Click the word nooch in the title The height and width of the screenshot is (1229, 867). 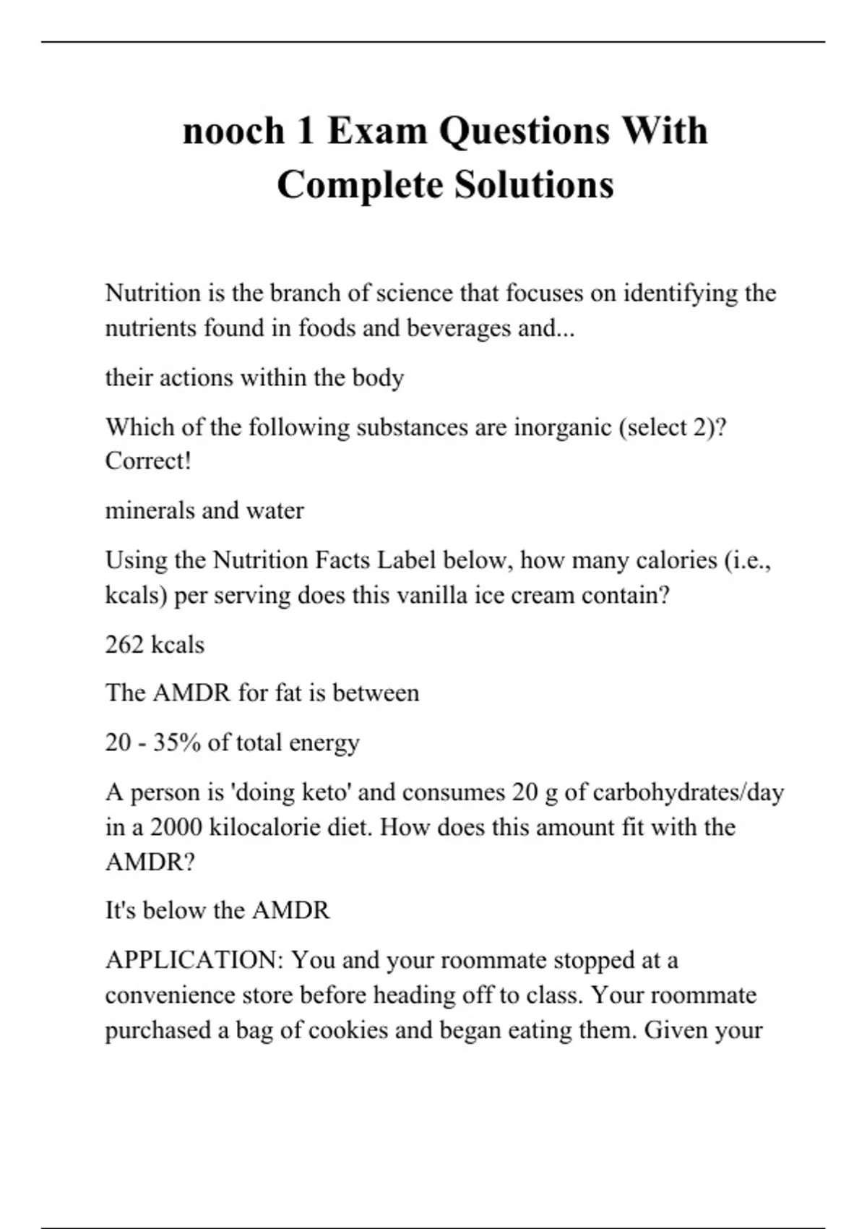pyautogui.click(x=233, y=132)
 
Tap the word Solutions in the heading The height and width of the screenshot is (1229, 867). pyautogui.click(x=534, y=185)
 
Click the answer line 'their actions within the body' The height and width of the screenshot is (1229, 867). pyautogui.click(x=254, y=378)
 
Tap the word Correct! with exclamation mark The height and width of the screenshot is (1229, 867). pyautogui.click(x=148, y=461)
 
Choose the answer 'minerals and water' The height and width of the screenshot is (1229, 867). pyautogui.click(x=204, y=511)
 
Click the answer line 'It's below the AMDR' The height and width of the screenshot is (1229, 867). pyautogui.click(x=217, y=911)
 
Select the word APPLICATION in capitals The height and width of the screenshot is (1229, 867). pyautogui.click(x=194, y=961)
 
